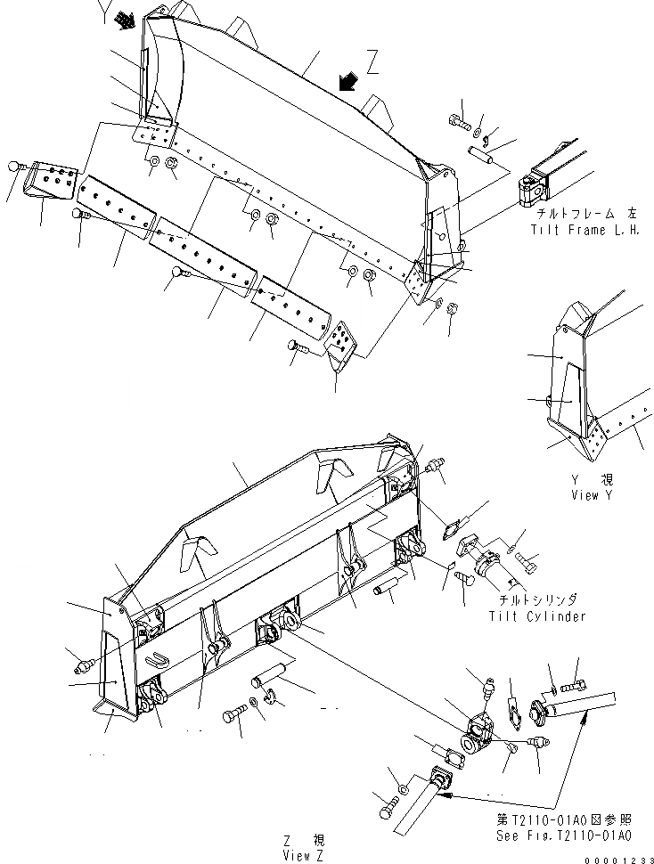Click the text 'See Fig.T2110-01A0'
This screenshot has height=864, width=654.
tap(564, 836)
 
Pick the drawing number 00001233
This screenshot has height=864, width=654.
tap(618, 858)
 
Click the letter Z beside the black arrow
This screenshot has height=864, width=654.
tap(372, 64)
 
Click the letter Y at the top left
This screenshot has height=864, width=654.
tap(106, 12)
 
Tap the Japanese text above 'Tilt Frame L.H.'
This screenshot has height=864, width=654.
tap(585, 215)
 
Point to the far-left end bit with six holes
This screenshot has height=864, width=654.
tap(54, 182)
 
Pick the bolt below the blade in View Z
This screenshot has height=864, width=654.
tap(237, 716)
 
